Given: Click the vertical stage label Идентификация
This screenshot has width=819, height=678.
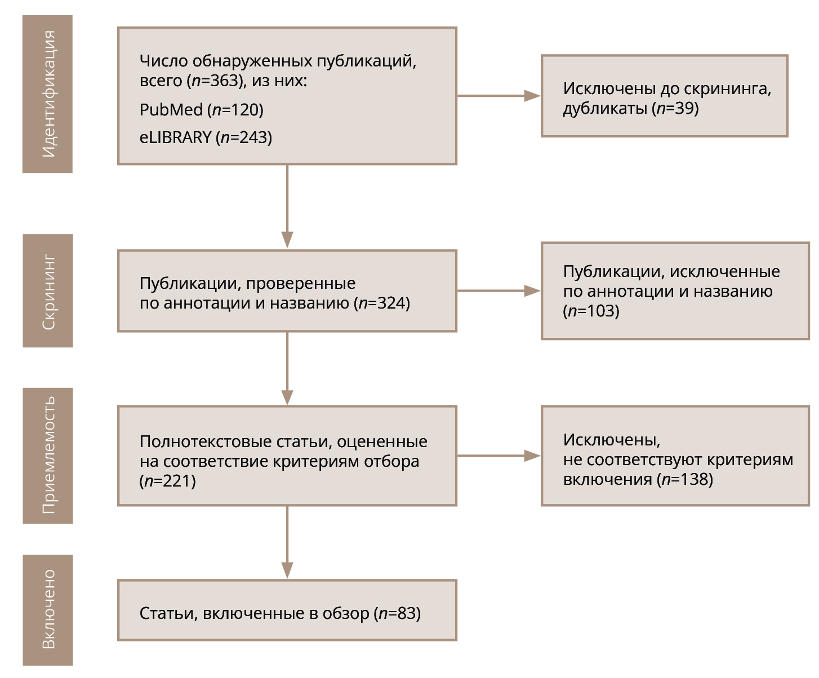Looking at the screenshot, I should point(48,94).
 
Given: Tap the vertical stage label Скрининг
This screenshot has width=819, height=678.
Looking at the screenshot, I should point(48,291).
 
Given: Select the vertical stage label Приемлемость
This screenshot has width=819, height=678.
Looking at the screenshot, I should point(48,455).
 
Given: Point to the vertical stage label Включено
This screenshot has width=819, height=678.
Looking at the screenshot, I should point(48,610).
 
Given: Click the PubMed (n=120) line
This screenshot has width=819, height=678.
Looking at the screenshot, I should point(201,110).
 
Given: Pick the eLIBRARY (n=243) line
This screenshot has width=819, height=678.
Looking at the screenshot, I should point(206,137).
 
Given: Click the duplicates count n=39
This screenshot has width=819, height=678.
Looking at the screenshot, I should point(677,108).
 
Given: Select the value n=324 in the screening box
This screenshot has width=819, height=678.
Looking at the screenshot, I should point(383,303).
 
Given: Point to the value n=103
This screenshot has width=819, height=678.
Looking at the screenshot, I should point(592,311).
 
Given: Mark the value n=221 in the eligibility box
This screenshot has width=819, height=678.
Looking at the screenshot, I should point(168,481).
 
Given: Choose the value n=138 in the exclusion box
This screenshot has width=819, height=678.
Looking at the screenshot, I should point(686,479).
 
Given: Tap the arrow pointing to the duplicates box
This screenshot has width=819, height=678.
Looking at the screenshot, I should point(498,96).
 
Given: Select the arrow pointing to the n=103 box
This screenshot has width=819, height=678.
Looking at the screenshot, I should point(498,291).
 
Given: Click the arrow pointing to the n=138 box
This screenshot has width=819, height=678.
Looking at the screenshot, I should point(498,456).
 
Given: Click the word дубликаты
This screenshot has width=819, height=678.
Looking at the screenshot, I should point(605,108).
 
